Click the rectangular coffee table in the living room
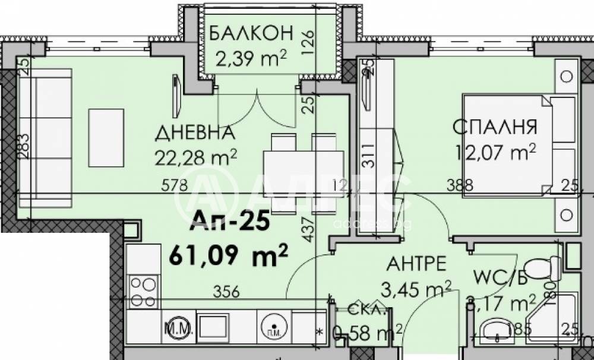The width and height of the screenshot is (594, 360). click(106, 138)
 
